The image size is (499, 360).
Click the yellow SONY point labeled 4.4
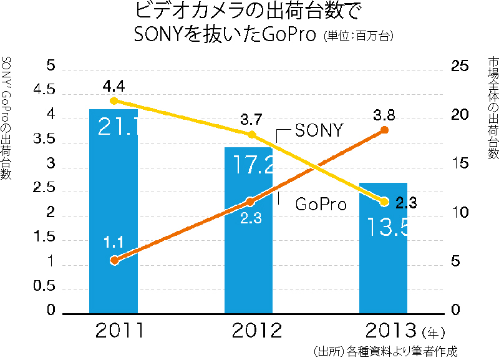114,100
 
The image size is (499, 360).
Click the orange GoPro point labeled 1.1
114,260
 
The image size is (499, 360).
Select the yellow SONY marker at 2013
384,202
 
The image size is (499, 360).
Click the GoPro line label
321,204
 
